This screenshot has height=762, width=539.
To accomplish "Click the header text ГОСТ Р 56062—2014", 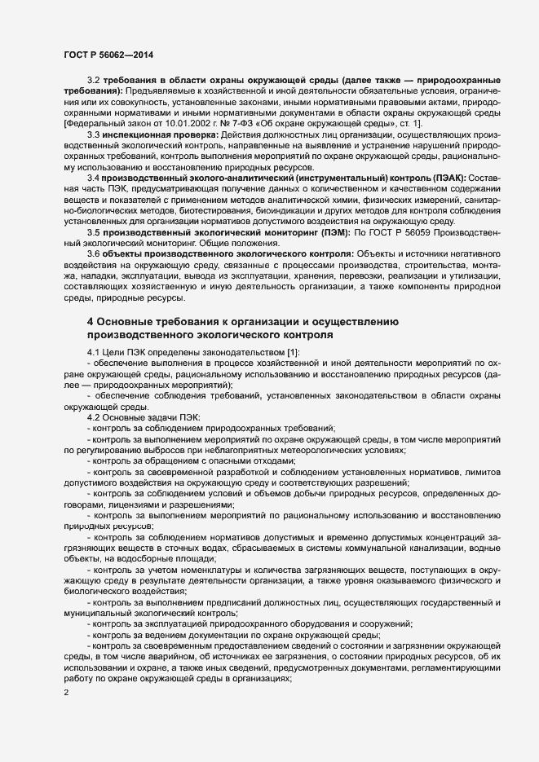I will [x=108, y=55].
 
